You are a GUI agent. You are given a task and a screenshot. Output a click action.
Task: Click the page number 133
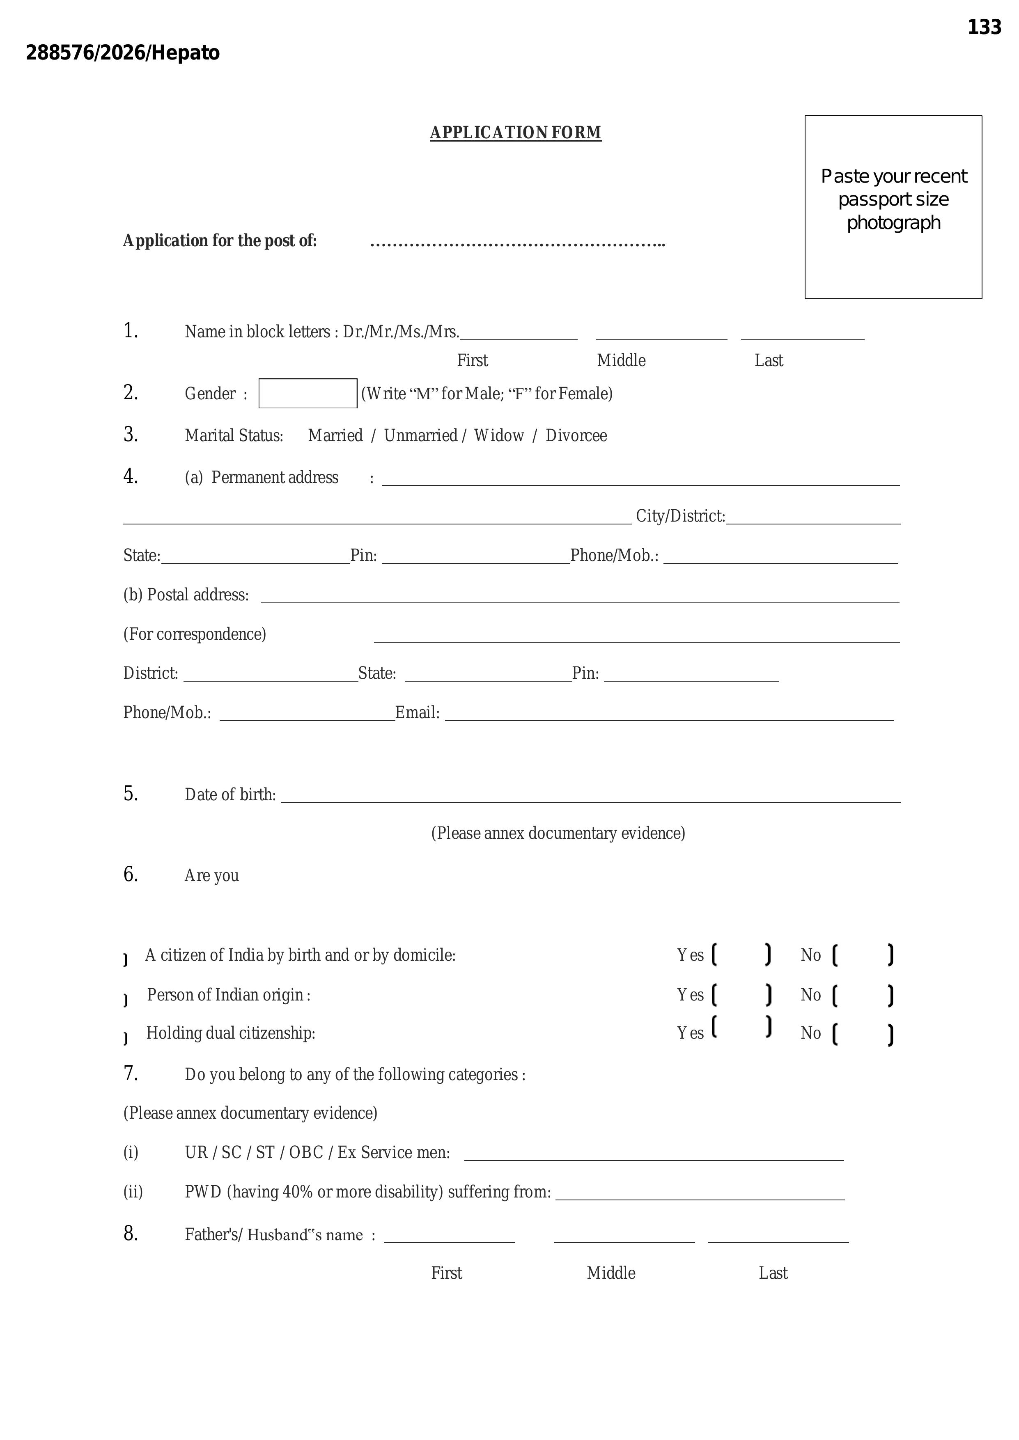(x=984, y=27)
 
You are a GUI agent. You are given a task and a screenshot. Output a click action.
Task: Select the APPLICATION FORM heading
(x=515, y=133)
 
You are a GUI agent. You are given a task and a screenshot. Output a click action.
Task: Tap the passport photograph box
(x=893, y=207)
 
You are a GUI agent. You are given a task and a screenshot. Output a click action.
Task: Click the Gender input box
(x=308, y=393)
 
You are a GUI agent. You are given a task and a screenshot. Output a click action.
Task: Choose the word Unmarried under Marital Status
(x=420, y=436)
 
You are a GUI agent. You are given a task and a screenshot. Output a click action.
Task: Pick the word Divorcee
(x=576, y=436)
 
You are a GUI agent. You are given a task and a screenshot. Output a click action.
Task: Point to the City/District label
(x=680, y=516)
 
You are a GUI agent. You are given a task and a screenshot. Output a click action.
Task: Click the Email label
(x=417, y=713)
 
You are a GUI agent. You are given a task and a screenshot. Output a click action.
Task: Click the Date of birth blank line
(x=590, y=799)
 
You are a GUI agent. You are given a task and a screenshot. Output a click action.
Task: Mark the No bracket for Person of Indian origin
(x=863, y=995)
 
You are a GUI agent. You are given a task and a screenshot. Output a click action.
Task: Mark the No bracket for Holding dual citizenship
(x=863, y=1034)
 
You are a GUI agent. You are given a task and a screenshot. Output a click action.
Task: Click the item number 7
(x=131, y=1074)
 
